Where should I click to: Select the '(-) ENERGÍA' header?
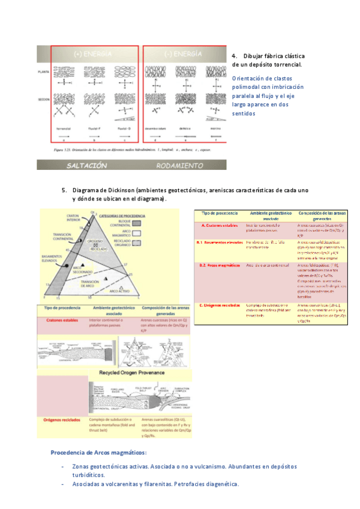coord(180,54)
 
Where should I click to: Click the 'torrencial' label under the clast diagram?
coord(65,128)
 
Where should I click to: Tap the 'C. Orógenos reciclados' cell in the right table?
coord(220,304)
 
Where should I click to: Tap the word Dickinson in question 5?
coord(122,190)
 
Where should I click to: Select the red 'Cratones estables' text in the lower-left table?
coord(62,321)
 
